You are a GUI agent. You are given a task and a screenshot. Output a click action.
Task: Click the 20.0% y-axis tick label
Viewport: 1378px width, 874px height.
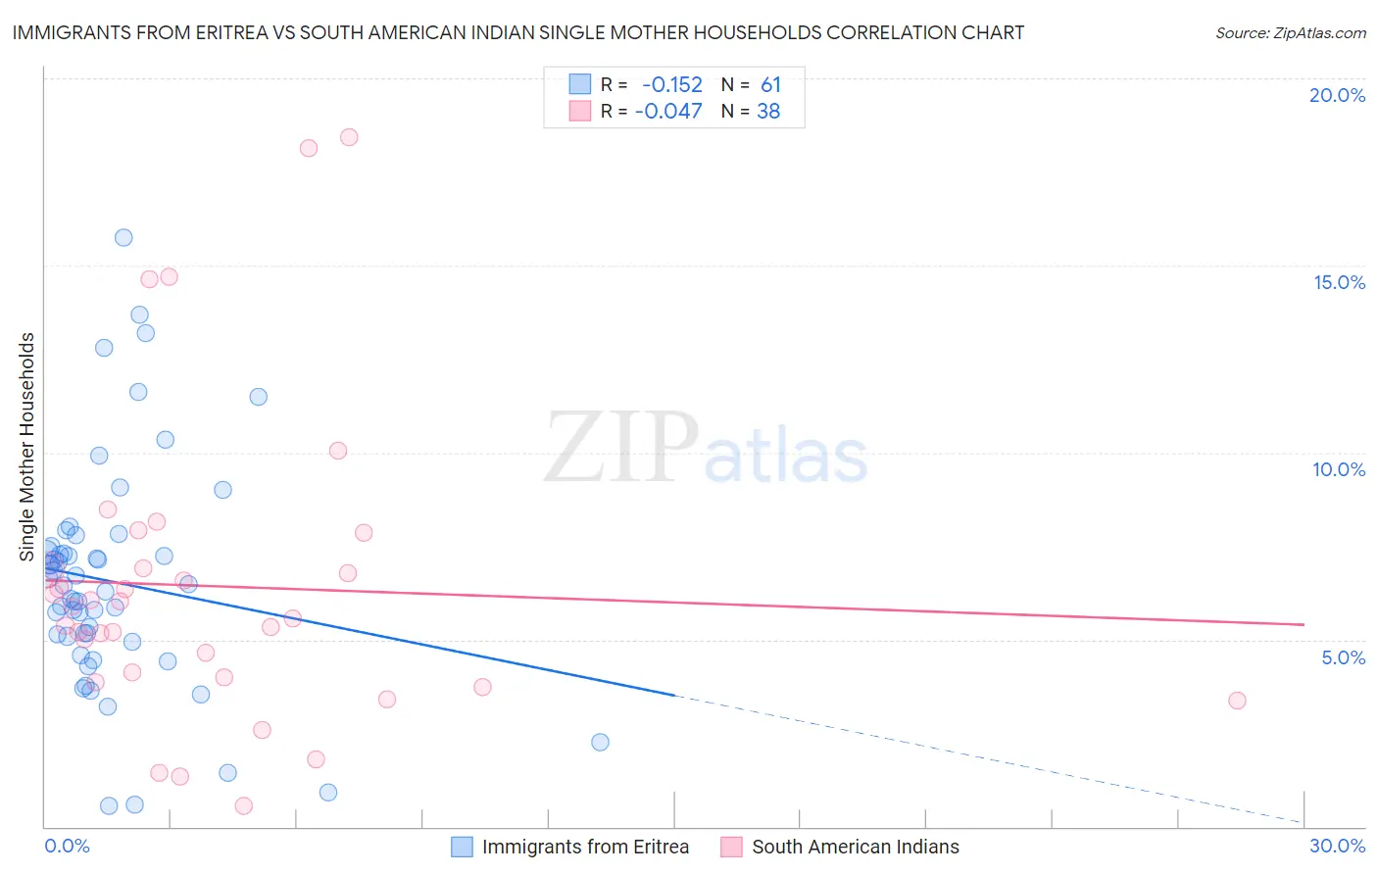click(x=1337, y=95)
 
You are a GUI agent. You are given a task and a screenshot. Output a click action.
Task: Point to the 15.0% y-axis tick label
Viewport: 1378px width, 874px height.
click(x=1339, y=282)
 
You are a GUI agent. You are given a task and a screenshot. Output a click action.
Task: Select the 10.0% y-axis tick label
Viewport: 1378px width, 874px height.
click(x=1339, y=469)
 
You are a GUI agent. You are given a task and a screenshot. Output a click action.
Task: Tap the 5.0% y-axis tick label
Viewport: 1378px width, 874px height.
click(x=1343, y=657)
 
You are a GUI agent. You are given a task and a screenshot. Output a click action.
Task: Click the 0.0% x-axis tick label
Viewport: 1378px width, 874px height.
click(x=67, y=846)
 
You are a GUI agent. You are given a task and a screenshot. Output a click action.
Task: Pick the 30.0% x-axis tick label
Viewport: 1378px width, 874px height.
click(x=1337, y=846)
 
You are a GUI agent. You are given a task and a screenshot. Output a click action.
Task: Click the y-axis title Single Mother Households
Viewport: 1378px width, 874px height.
click(x=27, y=447)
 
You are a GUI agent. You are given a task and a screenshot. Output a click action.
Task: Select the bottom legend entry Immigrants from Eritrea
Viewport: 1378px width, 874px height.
click(x=585, y=847)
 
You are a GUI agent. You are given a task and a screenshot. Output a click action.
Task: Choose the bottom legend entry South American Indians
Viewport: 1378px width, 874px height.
click(x=855, y=847)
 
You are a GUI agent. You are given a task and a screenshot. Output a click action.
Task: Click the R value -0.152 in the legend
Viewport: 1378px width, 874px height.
click(x=671, y=85)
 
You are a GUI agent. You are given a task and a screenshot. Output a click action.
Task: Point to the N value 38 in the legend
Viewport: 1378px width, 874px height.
click(x=768, y=112)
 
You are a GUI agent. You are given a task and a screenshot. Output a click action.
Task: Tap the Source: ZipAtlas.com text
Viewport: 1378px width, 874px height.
click(x=1290, y=33)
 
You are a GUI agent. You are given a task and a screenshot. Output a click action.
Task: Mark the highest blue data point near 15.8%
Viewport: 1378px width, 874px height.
click(x=123, y=237)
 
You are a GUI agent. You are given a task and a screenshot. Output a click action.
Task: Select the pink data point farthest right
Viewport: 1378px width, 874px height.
click(x=1237, y=701)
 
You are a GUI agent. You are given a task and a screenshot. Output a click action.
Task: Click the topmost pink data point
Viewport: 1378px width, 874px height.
click(x=349, y=137)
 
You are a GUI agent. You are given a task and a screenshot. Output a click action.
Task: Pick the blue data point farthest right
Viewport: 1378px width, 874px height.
click(x=600, y=742)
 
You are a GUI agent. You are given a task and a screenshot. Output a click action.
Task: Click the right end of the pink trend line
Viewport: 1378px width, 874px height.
click(x=1304, y=624)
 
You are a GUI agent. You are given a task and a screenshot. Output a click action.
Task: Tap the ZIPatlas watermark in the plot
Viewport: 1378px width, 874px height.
click(x=706, y=449)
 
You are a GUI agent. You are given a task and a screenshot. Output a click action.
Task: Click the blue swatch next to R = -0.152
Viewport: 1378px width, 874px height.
click(x=580, y=85)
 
